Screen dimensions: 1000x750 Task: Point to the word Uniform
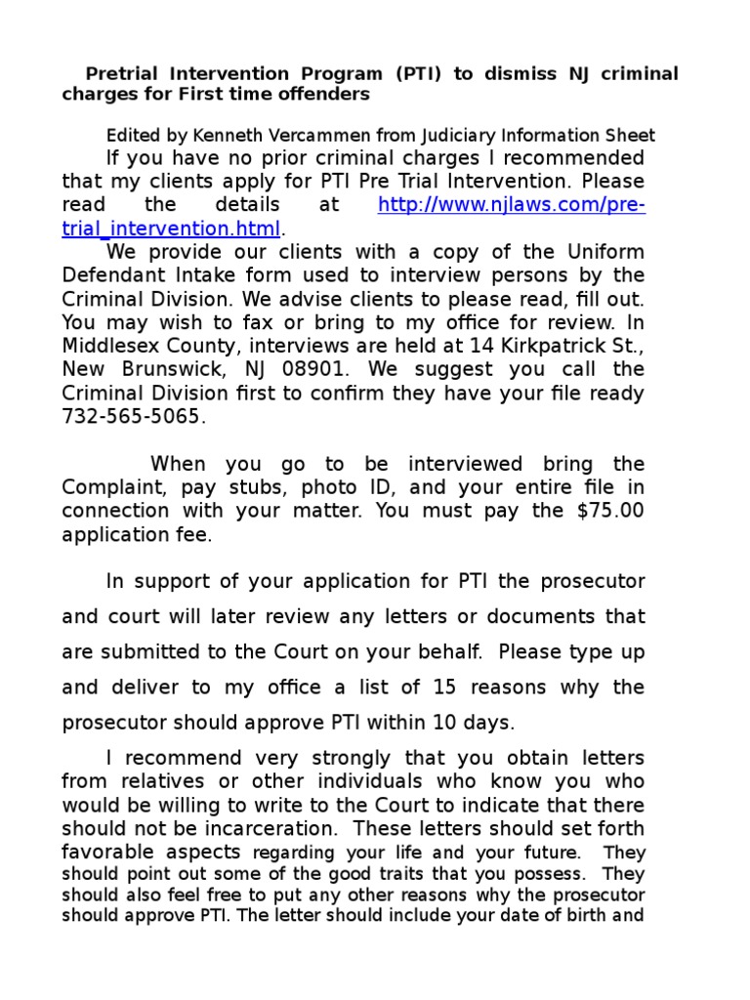pyautogui.click(x=602, y=252)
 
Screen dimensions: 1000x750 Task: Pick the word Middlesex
pyautogui.click(x=110, y=346)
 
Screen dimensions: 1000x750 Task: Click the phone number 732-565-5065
pyautogui.click(x=134, y=417)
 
